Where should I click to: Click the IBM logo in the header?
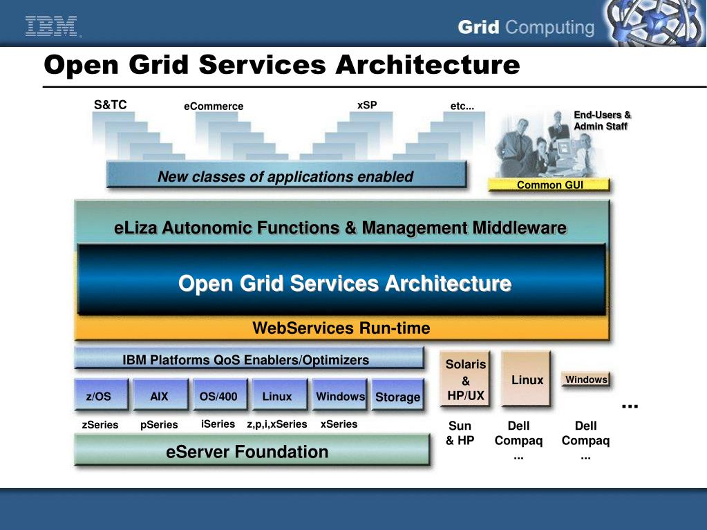tap(53, 27)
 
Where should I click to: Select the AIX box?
tap(160, 396)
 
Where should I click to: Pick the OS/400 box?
tap(219, 396)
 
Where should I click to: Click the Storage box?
tap(397, 396)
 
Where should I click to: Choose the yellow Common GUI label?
tap(549, 184)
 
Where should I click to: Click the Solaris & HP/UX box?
tap(465, 379)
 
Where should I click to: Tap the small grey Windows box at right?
tap(586, 379)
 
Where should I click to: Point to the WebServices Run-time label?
tap(341, 328)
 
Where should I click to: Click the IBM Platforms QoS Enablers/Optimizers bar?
tap(247, 359)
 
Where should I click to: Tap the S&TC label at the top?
tap(111, 105)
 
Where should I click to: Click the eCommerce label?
tap(214, 106)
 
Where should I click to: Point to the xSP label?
tap(367, 105)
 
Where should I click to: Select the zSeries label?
tap(100, 425)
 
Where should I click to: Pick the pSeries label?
tap(159, 425)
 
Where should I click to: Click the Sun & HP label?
tap(460, 433)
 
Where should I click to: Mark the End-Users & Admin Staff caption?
tap(602, 120)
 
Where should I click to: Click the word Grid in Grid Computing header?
tap(478, 28)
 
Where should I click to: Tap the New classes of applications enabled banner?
tap(285, 176)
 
